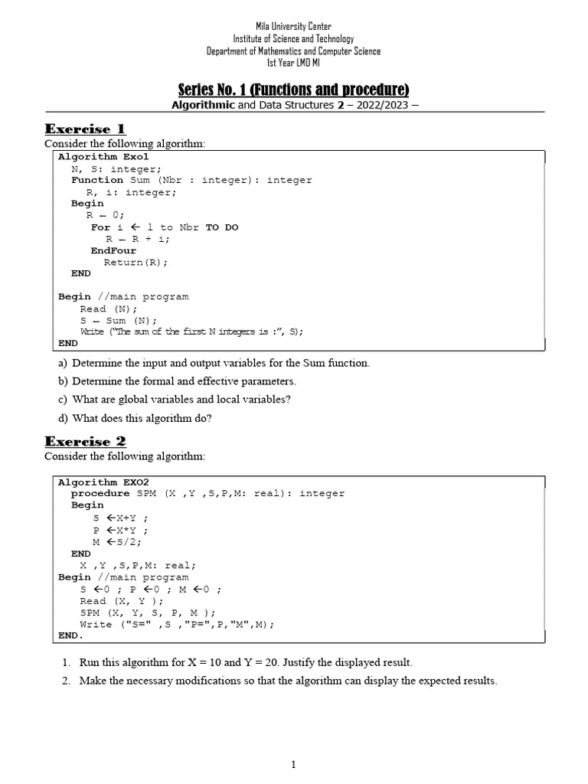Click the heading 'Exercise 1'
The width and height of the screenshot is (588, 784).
pyautogui.click(x=85, y=129)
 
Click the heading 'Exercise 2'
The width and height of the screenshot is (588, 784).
pyautogui.click(x=85, y=441)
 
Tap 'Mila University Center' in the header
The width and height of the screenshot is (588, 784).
pyautogui.click(x=294, y=27)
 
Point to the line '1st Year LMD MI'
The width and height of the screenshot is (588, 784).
pyautogui.click(x=294, y=63)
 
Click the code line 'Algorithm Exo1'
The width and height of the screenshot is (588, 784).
pyautogui.click(x=103, y=157)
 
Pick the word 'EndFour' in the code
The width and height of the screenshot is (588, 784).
pyautogui.click(x=113, y=250)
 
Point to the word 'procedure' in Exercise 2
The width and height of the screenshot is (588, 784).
pyautogui.click(x=100, y=494)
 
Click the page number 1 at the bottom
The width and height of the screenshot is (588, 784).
pyautogui.click(x=294, y=765)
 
